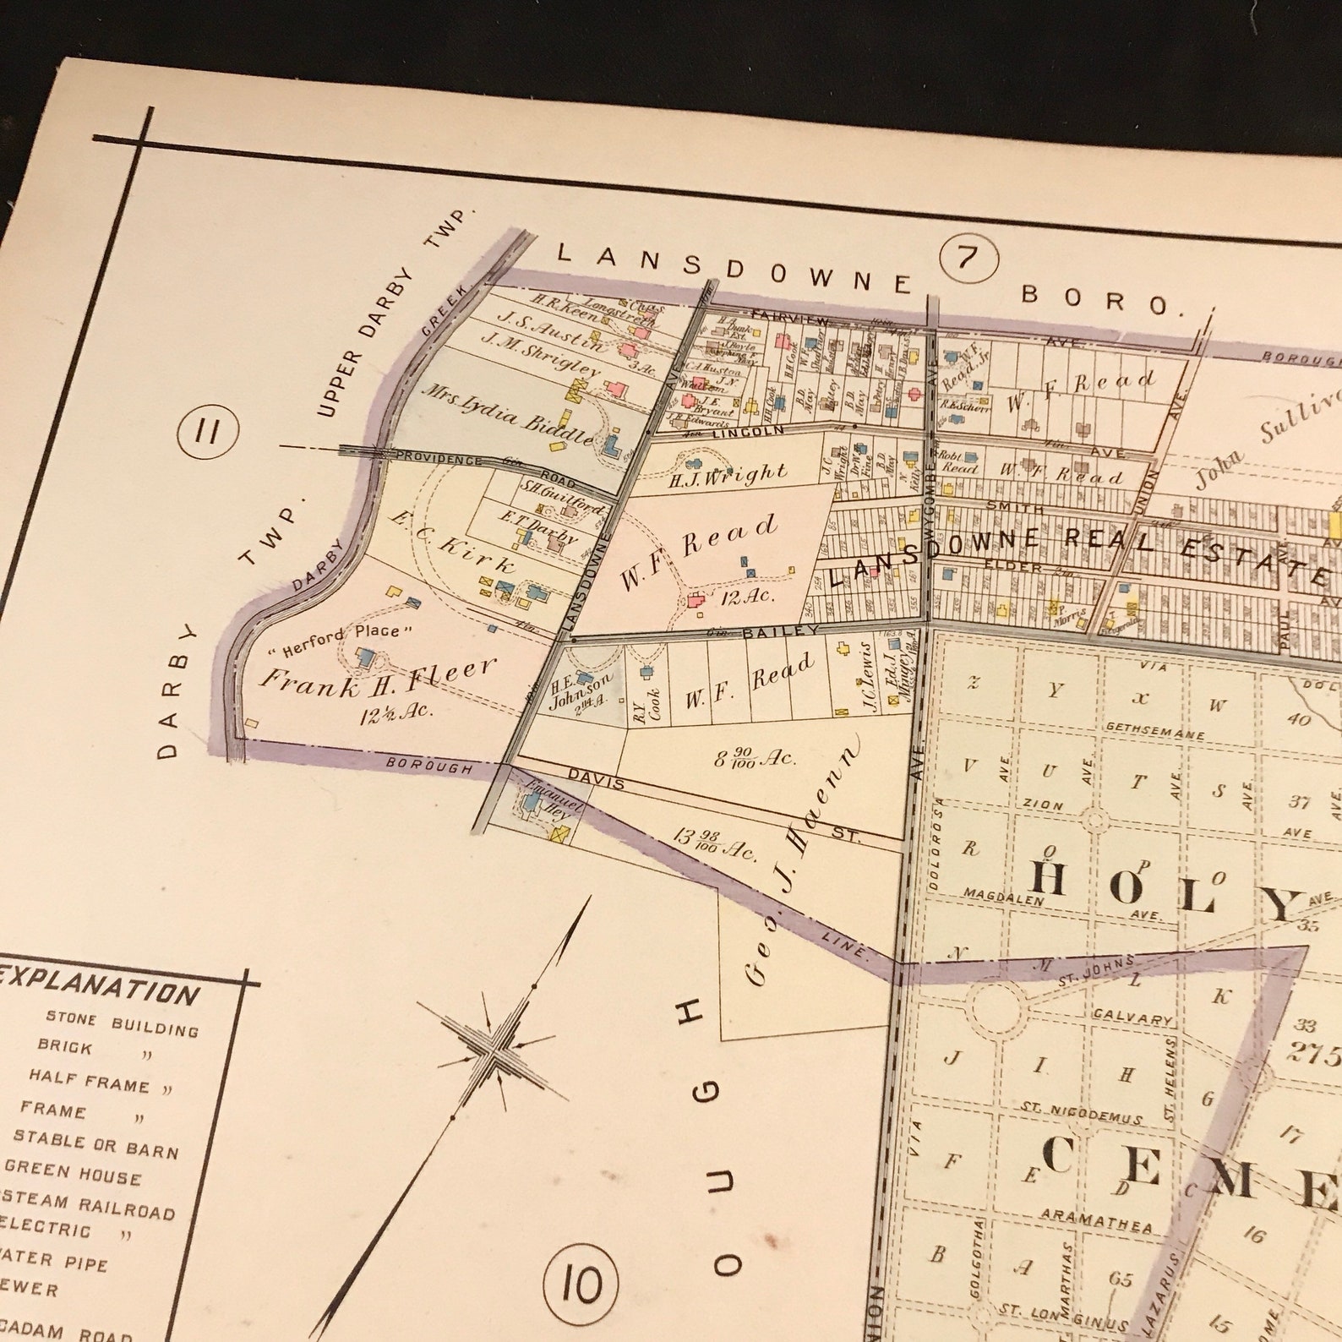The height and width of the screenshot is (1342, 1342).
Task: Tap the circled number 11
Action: [205, 433]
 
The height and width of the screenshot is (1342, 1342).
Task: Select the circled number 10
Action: [581, 1285]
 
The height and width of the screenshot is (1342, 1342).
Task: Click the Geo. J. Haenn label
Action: [803, 858]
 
